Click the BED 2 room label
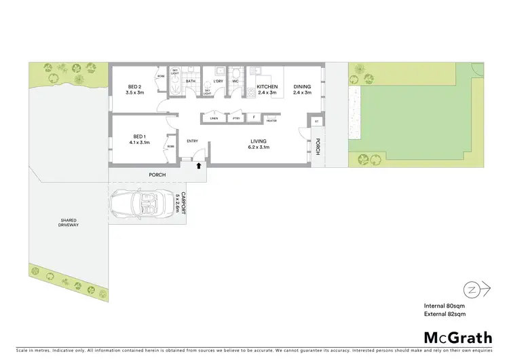(134, 86)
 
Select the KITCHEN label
(267, 86)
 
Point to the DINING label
(302, 86)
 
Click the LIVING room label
(259, 141)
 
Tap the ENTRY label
(193, 141)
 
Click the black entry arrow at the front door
(199, 164)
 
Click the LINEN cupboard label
(214, 118)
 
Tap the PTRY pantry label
(236, 118)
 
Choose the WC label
(236, 82)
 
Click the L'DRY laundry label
(218, 82)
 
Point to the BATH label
(191, 82)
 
